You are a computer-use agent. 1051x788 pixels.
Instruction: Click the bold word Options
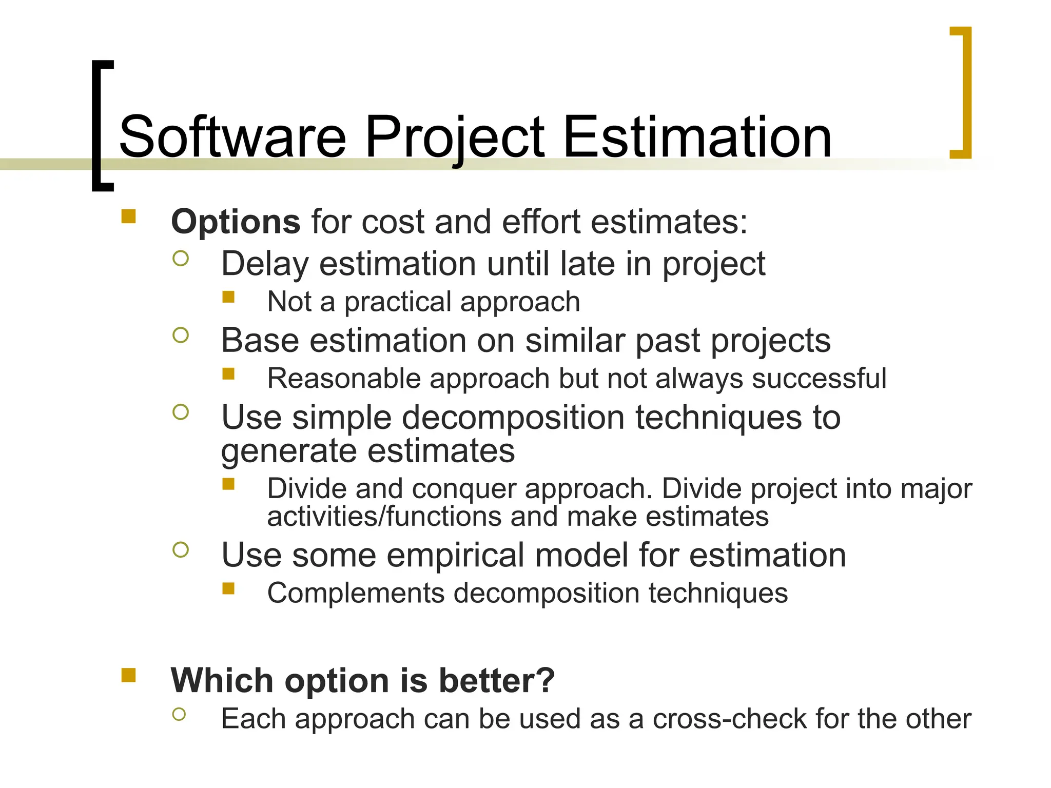pos(236,222)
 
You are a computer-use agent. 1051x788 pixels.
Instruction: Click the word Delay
pos(265,264)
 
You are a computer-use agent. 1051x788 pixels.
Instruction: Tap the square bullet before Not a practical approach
pos(228,297)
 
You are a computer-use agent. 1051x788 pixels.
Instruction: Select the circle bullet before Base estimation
pos(181,336)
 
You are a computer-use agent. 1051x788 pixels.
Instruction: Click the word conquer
pos(463,488)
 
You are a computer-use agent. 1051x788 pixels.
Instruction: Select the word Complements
pos(356,594)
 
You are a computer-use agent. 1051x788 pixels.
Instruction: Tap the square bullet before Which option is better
pos(128,675)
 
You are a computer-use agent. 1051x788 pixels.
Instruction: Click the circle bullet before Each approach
pos(179,714)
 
